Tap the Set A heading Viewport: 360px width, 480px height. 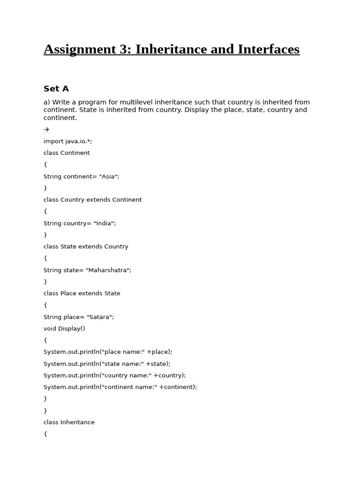56,89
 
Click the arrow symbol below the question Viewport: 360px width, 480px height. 46,129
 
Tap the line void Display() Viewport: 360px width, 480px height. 64,329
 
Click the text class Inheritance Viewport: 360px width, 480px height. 69,422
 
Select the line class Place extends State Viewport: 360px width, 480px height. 82,293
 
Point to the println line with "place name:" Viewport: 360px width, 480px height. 108,352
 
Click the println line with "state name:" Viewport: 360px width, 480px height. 107,364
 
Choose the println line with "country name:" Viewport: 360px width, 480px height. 114,375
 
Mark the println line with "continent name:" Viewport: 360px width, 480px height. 120,387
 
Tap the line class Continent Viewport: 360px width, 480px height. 67,153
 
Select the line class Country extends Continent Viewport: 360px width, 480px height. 92,200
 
